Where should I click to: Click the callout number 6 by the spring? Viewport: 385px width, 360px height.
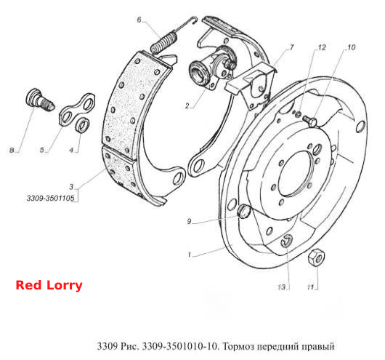(x=139, y=20)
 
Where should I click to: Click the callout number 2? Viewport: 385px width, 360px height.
(x=187, y=106)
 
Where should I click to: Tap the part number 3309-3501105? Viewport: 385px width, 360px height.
(x=50, y=199)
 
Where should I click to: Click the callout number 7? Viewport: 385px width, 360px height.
(x=292, y=47)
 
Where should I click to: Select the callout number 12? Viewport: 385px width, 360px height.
(x=322, y=47)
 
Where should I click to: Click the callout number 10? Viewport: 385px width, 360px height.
(x=352, y=47)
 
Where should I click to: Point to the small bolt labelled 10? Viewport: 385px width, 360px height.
(x=309, y=121)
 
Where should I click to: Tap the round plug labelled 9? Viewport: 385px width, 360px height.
(x=244, y=212)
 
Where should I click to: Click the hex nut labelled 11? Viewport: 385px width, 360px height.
(x=316, y=257)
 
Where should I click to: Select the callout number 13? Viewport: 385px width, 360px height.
(x=281, y=287)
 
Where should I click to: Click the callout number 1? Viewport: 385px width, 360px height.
(x=190, y=255)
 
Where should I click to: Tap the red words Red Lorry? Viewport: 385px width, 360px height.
(x=49, y=285)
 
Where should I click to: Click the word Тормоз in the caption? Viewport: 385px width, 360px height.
(x=238, y=346)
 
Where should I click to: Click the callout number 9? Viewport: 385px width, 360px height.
(x=189, y=221)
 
